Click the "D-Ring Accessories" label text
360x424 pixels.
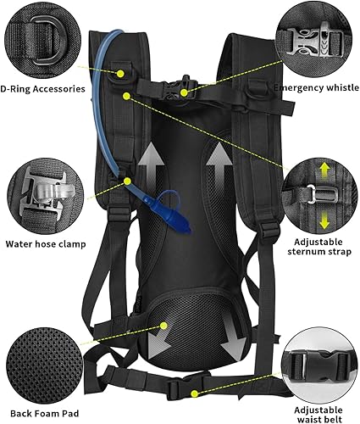42,89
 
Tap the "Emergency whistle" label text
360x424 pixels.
317,86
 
